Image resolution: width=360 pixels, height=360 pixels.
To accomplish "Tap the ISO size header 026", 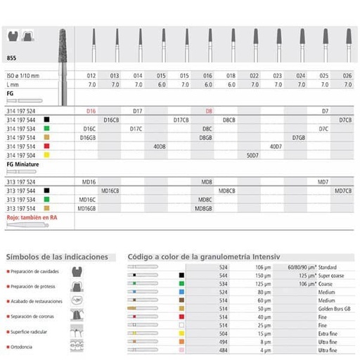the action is click(346, 75).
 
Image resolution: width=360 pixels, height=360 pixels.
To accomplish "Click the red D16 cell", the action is click(90, 112).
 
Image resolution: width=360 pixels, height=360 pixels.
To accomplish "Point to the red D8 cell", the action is click(208, 112).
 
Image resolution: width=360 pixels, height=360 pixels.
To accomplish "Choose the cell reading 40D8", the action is click(159, 146).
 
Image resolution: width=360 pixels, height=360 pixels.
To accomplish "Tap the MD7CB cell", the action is click(344, 191).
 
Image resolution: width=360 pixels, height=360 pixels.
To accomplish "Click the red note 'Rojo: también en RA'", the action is click(31, 218).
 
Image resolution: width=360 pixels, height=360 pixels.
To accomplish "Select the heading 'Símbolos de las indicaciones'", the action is click(56, 257).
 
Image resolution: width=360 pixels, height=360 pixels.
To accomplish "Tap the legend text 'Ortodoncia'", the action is click(27, 346).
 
